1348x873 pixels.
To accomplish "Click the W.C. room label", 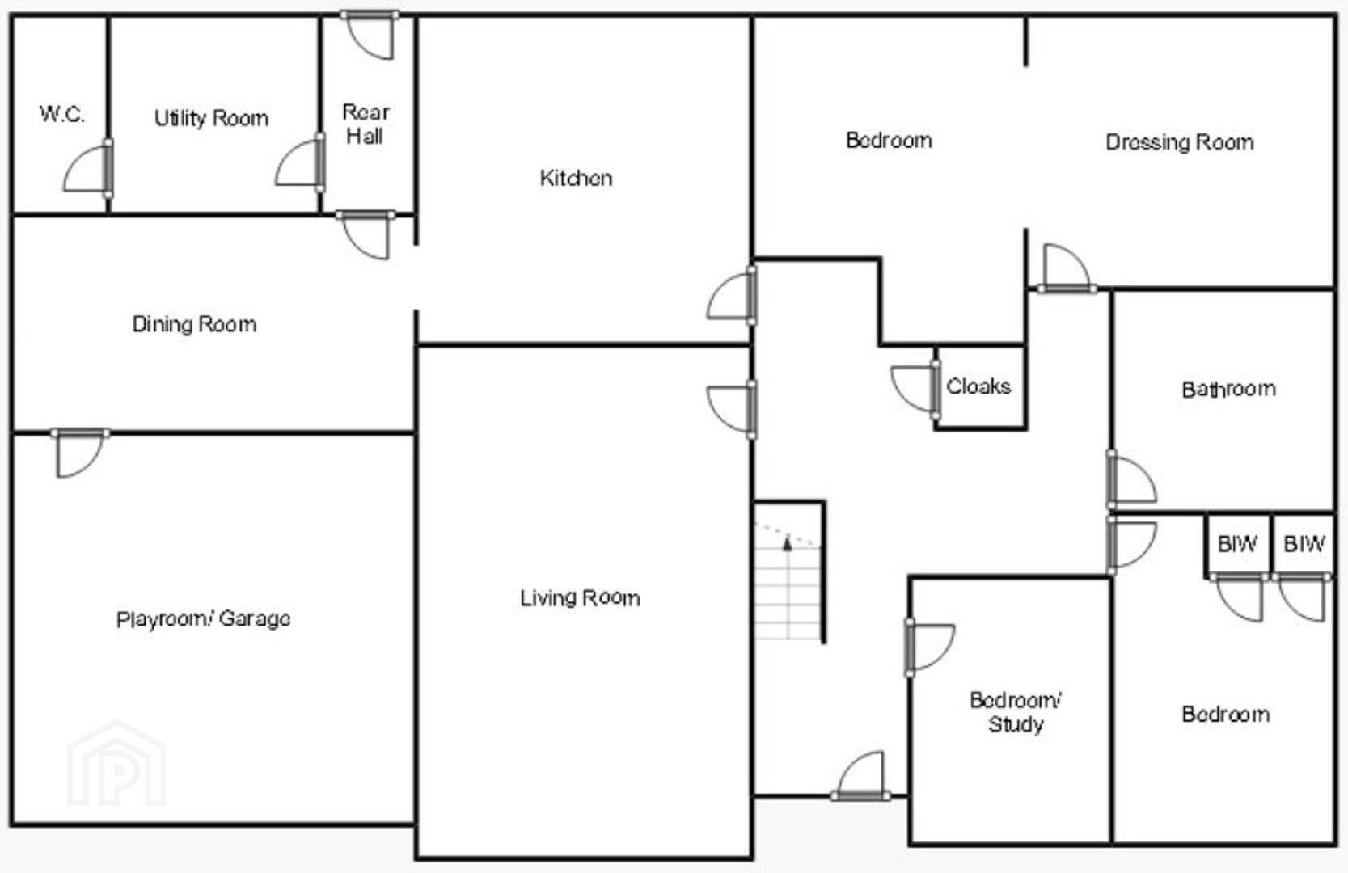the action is click(62, 114).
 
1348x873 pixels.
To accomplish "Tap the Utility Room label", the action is click(211, 118).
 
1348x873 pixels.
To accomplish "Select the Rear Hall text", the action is click(366, 124).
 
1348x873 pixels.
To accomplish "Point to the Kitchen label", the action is click(576, 178).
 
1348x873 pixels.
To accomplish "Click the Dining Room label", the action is click(194, 324).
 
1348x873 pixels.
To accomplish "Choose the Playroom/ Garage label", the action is click(204, 618).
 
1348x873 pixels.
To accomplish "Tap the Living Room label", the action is click(580, 597).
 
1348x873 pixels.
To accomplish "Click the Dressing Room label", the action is click(1180, 142).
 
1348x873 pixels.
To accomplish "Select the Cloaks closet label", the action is click(978, 386).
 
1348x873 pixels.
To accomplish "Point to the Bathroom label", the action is click(1229, 390).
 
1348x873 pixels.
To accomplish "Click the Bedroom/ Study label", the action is click(1016, 712).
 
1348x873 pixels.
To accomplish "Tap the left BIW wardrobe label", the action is click(1237, 544).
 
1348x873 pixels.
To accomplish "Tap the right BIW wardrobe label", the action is click(1304, 544).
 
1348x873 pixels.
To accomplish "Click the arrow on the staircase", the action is click(787, 543).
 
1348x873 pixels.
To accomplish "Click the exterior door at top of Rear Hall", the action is click(370, 35).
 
